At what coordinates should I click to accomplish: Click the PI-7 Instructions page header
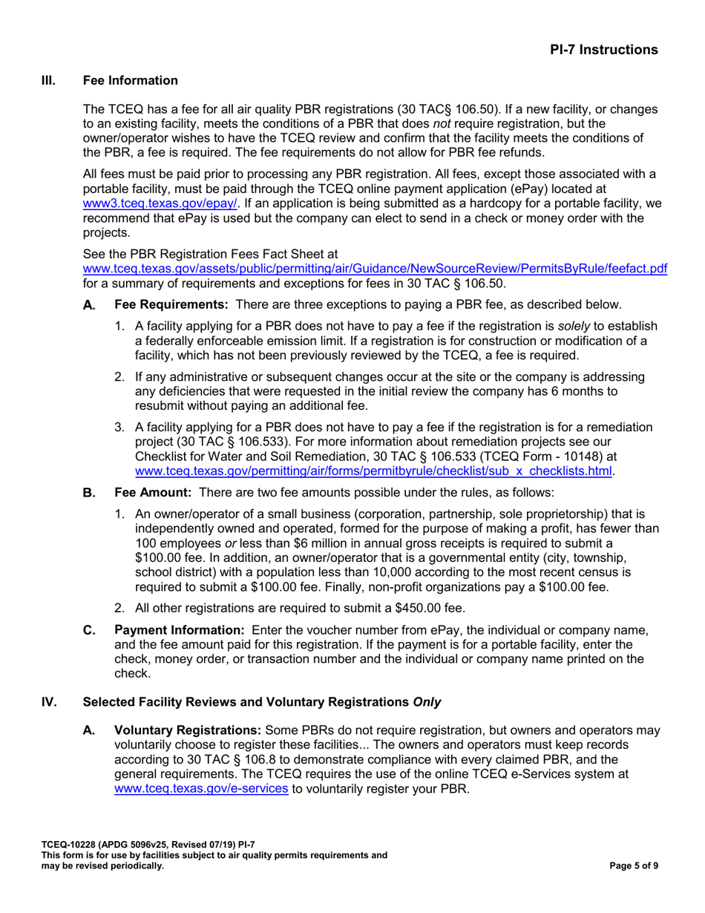[603, 50]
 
